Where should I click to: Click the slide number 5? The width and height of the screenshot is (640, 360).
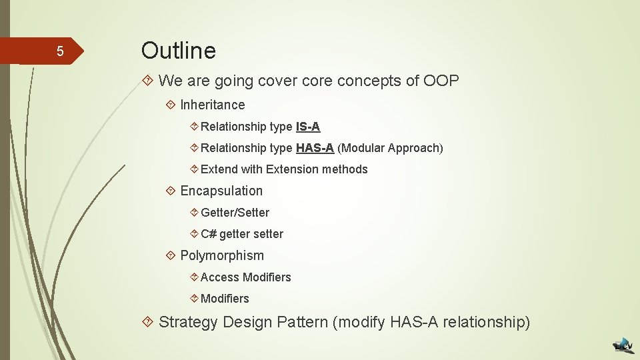(59, 52)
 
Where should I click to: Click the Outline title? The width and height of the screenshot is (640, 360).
(178, 51)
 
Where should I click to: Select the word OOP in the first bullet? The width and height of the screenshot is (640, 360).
(441, 81)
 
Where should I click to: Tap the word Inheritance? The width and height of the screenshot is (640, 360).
(212, 105)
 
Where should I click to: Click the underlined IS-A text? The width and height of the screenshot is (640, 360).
(308, 127)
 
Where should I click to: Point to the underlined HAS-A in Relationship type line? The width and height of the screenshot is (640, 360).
(315, 148)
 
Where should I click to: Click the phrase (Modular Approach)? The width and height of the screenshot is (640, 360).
(390, 148)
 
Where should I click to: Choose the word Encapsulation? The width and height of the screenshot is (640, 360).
(221, 191)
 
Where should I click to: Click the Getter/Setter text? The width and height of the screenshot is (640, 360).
(235, 213)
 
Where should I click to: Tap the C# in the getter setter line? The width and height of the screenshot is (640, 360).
(209, 234)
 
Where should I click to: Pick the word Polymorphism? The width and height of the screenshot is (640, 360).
(222, 255)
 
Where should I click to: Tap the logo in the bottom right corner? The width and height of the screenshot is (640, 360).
(624, 345)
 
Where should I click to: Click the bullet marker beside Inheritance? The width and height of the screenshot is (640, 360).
(171, 105)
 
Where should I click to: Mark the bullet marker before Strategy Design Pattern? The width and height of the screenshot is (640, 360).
(149, 323)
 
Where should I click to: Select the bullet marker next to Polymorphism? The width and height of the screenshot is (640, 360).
(171, 255)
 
